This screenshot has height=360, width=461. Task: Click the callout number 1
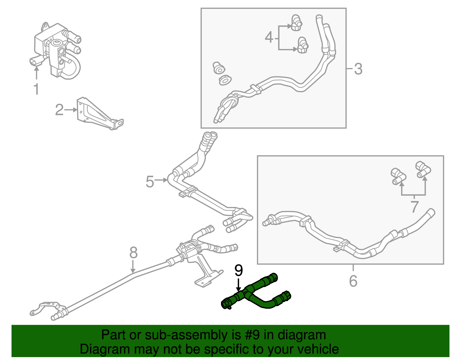(36, 89)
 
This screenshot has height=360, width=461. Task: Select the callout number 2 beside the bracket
(59, 110)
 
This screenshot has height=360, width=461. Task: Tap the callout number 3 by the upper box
(358, 69)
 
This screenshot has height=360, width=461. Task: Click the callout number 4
(269, 37)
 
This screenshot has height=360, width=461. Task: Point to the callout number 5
(150, 182)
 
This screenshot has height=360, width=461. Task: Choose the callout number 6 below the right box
(353, 281)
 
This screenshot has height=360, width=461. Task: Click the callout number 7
(414, 207)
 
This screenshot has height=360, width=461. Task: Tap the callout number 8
(133, 253)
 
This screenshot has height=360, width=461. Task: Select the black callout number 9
(239, 270)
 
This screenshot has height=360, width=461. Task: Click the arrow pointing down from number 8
(133, 267)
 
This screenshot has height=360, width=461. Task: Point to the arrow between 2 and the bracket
(71, 110)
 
